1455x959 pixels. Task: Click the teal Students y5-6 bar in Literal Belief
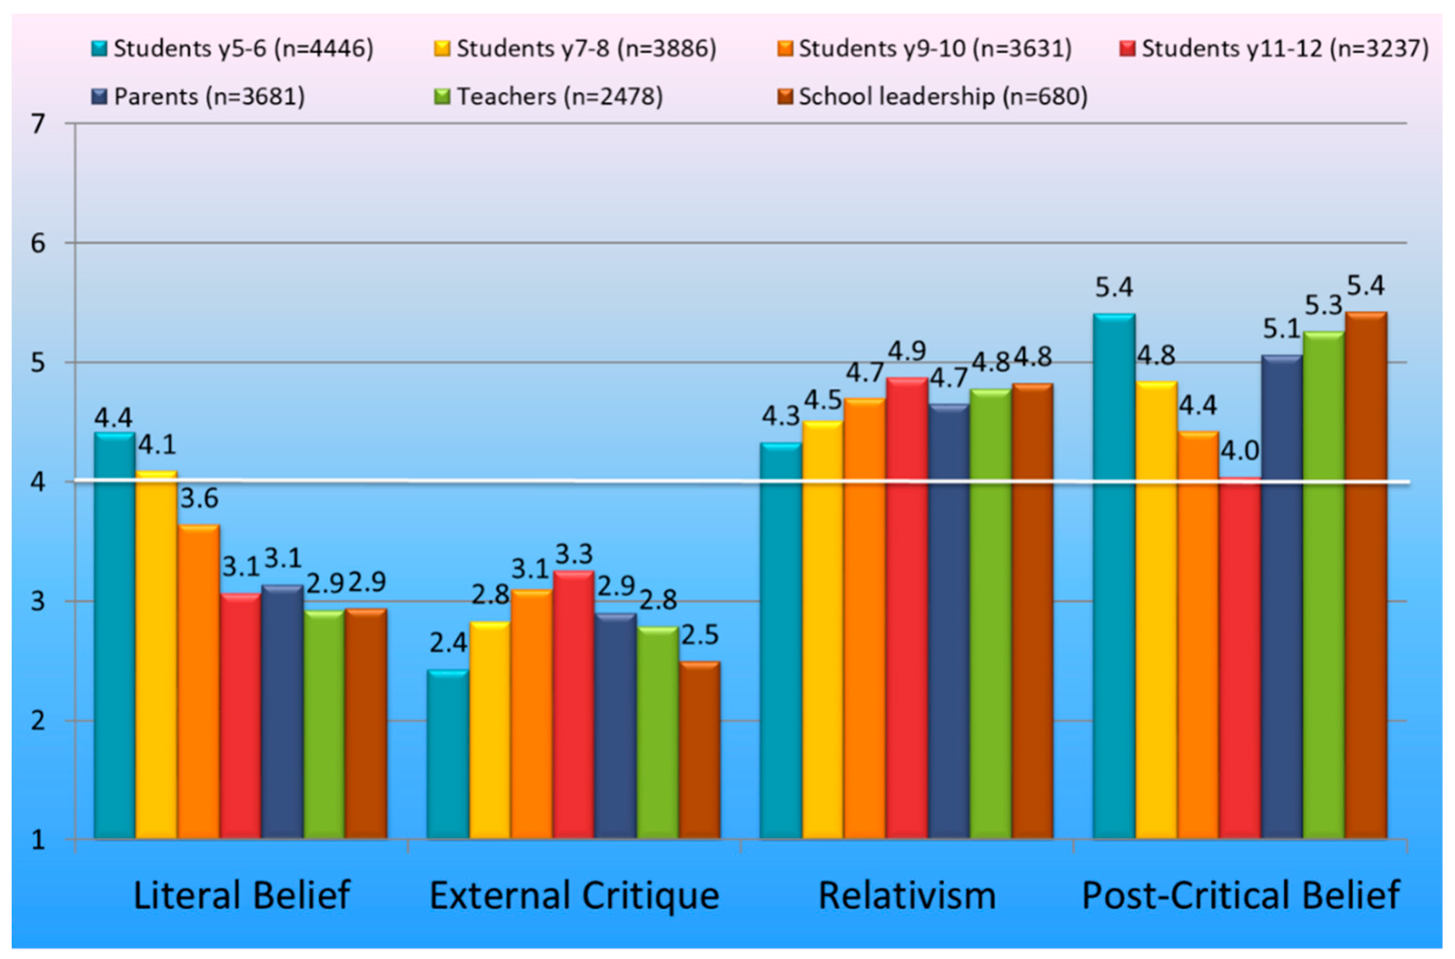tap(114, 636)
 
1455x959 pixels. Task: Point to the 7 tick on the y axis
tap(38, 124)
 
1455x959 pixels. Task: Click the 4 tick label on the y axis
tap(38, 483)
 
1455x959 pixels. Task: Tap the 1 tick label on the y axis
tap(38, 840)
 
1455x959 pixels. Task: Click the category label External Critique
tap(574, 896)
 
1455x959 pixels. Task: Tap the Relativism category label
tap(907, 896)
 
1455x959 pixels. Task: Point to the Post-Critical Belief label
tap(1241, 896)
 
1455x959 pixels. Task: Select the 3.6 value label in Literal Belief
tap(199, 499)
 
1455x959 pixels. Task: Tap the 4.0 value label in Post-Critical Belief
tap(1240, 451)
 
